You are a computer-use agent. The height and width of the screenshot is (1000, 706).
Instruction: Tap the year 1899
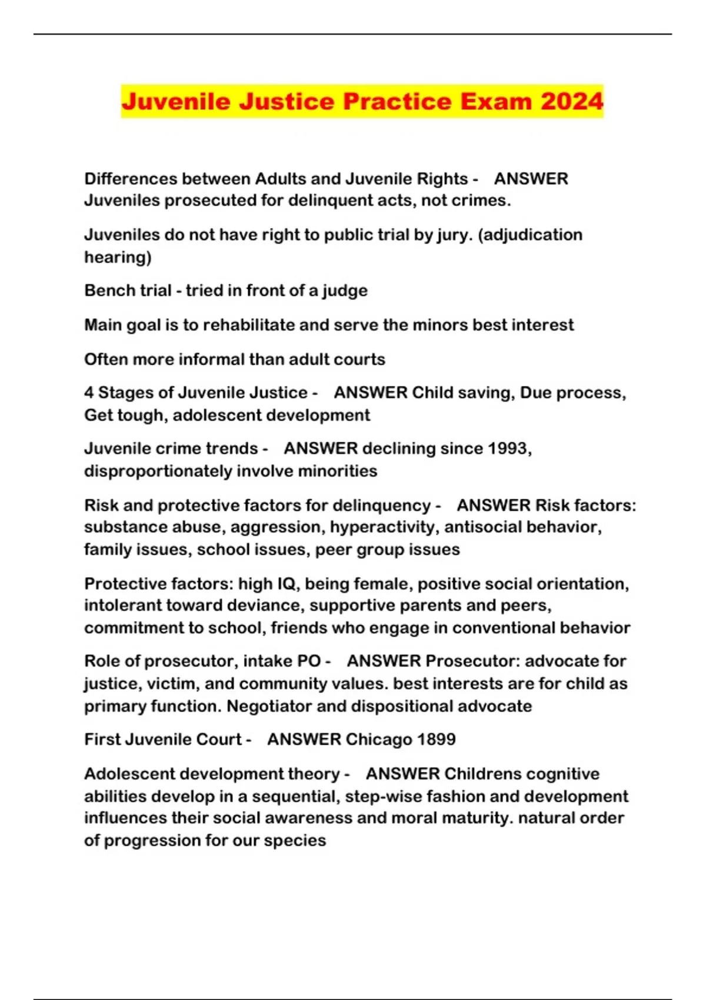click(x=437, y=739)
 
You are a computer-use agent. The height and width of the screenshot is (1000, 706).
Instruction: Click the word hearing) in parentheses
click(x=118, y=257)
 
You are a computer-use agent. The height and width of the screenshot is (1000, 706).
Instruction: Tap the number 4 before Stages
click(x=89, y=392)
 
